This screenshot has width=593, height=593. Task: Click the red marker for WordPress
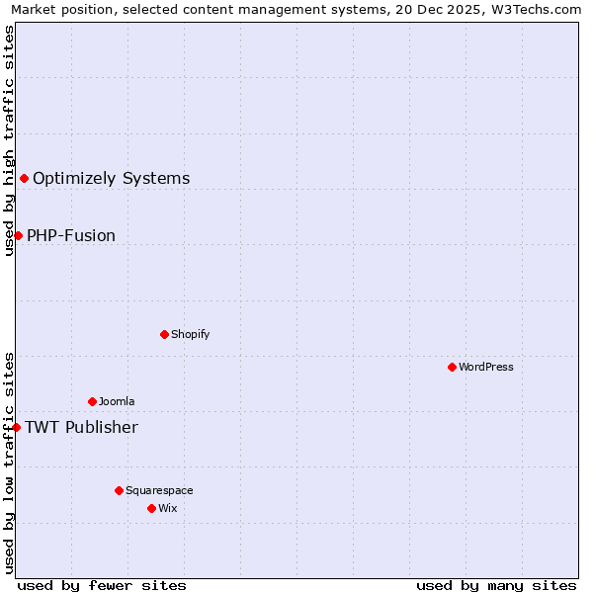click(452, 367)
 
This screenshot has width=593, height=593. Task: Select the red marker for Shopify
click(164, 334)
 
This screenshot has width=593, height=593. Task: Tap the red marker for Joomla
click(92, 401)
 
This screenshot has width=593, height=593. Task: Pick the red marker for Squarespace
click(119, 490)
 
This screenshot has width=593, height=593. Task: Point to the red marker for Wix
click(151, 508)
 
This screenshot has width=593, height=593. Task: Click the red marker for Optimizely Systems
click(24, 178)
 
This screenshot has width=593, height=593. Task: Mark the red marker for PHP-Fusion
click(18, 235)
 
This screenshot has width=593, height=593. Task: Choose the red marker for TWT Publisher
click(16, 427)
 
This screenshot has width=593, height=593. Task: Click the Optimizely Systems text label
click(111, 179)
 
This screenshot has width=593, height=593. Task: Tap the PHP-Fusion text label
click(70, 236)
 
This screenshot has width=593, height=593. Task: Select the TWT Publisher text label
click(81, 428)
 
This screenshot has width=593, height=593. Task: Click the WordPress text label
click(485, 367)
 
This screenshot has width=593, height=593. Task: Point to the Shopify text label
click(190, 334)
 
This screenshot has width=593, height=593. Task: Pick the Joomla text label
click(117, 401)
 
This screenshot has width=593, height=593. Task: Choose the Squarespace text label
click(159, 490)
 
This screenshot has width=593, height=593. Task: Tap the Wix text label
click(167, 508)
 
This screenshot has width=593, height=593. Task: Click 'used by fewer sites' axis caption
click(102, 585)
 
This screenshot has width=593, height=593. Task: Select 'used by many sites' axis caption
click(496, 585)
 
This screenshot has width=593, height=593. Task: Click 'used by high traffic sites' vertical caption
click(9, 140)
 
